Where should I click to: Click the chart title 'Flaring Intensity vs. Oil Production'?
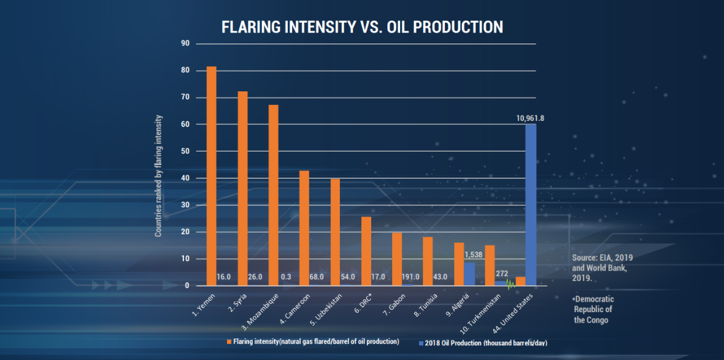[362, 28]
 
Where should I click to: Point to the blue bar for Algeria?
[469, 274]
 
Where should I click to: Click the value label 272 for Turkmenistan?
[503, 274]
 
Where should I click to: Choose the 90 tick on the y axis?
[185, 44]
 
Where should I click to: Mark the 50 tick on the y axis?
[185, 151]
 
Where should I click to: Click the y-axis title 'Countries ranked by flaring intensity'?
[158, 176]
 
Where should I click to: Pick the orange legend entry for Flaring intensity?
[313, 341]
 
